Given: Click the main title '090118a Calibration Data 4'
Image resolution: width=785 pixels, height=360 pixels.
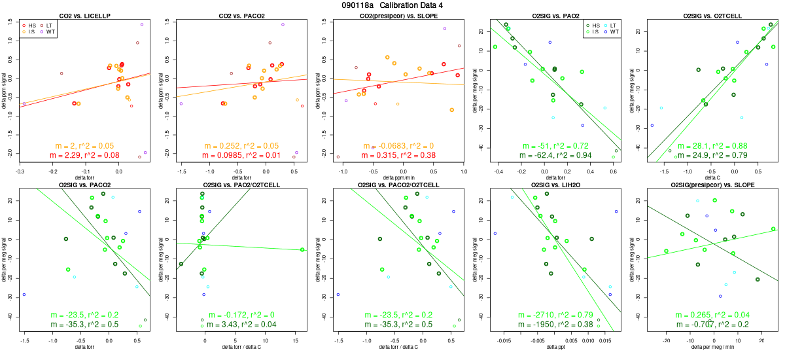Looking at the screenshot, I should [x=392, y=5].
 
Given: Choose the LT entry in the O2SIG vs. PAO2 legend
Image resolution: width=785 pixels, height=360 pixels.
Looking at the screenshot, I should [x=599, y=25].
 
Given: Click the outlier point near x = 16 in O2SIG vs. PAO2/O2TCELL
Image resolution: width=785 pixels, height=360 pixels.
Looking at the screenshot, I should [x=302, y=249].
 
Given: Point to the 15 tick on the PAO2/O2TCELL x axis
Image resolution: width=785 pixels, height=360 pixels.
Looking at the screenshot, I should [x=296, y=341].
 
